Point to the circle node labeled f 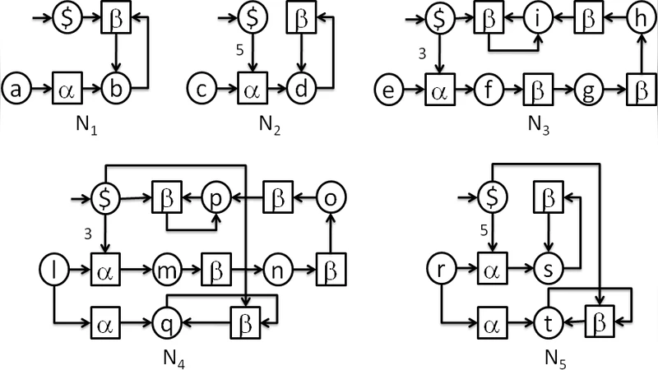[x=485, y=86]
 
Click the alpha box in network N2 [x=251, y=86]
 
